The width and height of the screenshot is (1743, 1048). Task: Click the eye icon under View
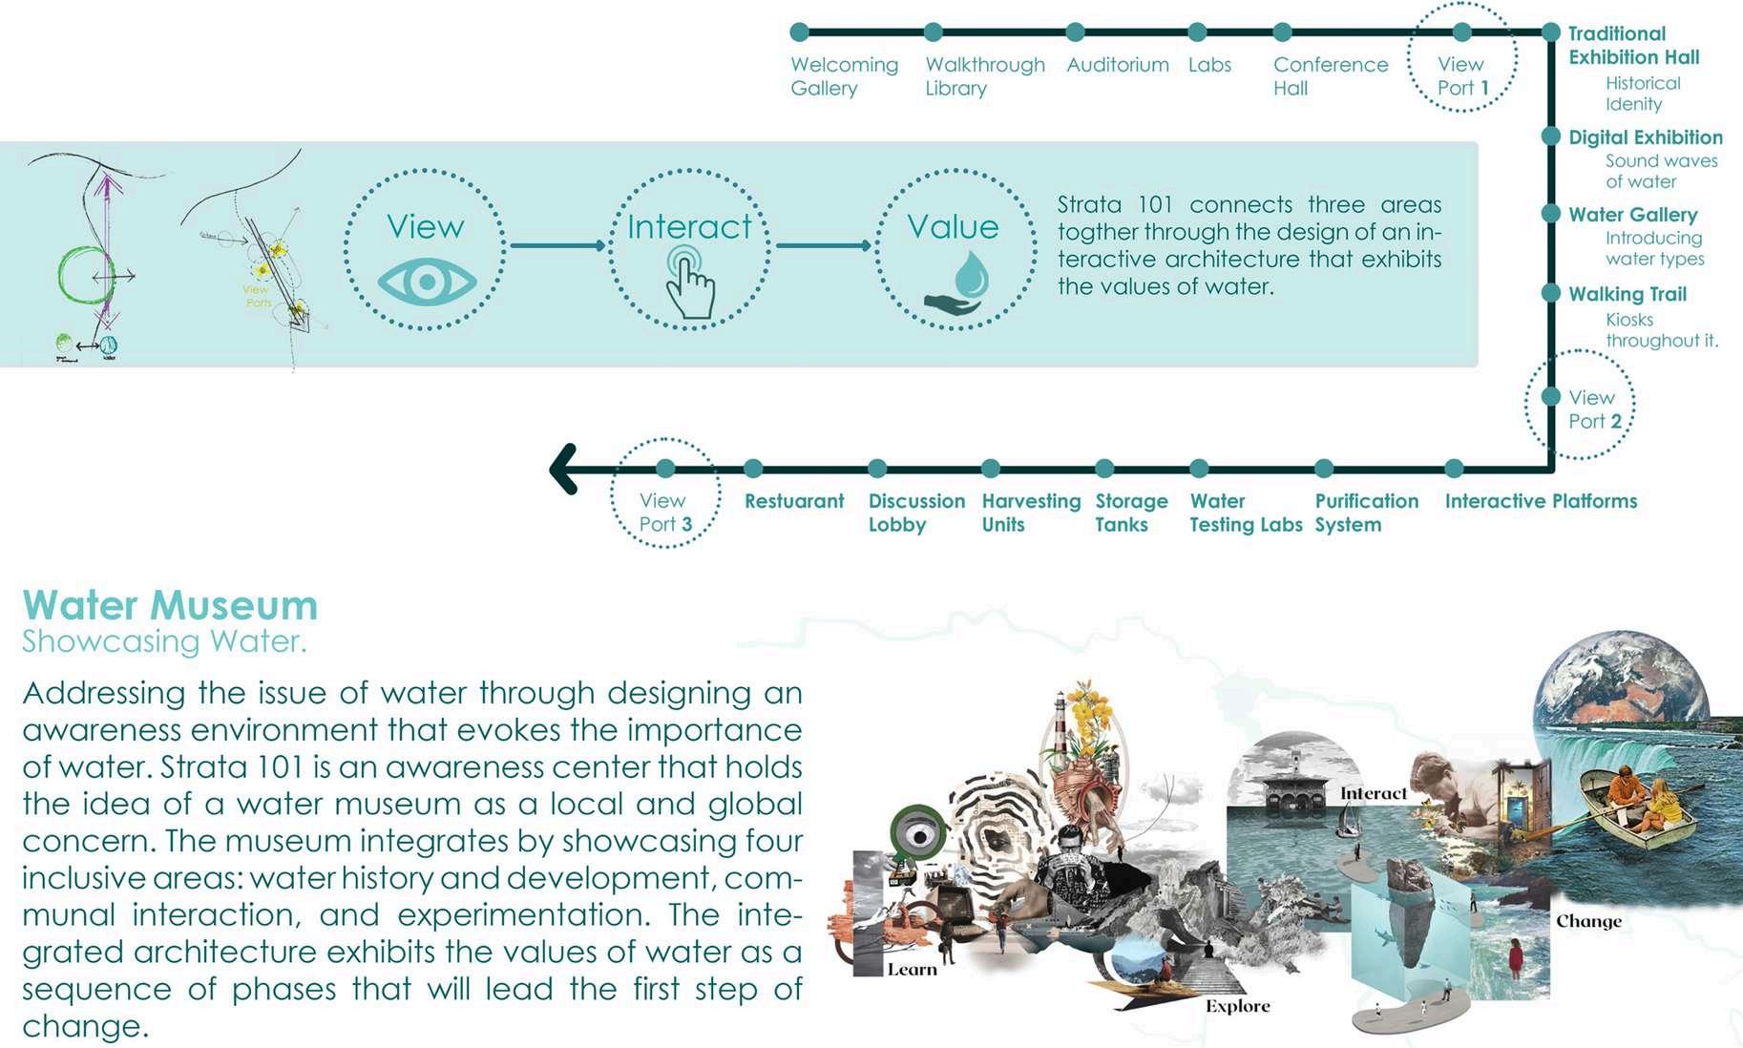tap(426, 283)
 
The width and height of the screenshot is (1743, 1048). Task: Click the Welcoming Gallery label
tap(844, 76)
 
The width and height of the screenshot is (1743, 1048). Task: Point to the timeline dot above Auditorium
tap(1075, 32)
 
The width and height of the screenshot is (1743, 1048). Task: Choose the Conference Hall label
tap(1330, 76)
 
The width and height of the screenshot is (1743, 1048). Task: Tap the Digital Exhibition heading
tap(1645, 137)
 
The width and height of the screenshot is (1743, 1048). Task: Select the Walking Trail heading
tap(1627, 294)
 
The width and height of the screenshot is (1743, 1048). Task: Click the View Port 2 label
tap(1593, 409)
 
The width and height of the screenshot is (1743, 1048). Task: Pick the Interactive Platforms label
tap(1540, 501)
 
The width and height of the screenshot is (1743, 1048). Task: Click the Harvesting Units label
tap(1030, 513)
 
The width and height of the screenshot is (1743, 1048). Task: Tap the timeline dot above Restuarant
tap(753, 469)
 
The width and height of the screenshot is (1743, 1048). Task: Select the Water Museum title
tap(170, 605)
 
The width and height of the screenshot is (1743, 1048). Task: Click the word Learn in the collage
tap(912, 970)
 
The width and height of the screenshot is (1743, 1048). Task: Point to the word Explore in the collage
tap(1237, 1006)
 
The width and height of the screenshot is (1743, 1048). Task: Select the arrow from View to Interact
tap(557, 245)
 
